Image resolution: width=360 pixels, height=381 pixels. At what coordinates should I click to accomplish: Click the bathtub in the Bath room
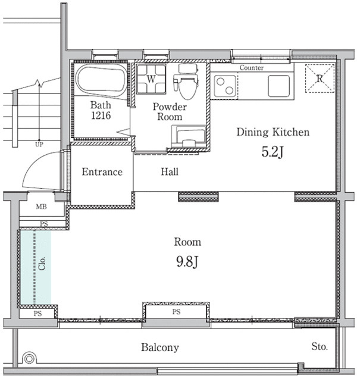point(101,81)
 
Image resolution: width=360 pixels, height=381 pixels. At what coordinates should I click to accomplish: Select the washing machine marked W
point(151,79)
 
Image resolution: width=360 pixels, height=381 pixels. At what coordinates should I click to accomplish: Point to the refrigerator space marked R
point(320,79)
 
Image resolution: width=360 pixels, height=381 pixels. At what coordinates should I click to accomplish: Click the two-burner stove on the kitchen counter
point(225,86)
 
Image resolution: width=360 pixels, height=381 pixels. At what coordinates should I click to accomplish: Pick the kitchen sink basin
point(278,86)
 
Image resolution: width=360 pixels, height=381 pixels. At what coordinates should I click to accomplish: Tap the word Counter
point(252,67)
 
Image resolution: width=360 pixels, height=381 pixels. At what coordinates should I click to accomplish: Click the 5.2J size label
point(273,152)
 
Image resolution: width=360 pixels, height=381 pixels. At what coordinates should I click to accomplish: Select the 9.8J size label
point(187,262)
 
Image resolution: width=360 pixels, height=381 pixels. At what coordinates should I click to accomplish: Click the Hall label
point(170,172)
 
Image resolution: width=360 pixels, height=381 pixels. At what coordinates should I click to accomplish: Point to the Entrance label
point(102,172)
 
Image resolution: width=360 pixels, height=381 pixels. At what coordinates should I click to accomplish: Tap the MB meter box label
point(41,207)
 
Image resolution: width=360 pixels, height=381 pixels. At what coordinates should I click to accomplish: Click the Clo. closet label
point(42,263)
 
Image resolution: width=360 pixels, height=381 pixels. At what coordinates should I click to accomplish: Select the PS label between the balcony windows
point(176,312)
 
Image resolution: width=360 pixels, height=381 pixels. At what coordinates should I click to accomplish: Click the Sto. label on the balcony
point(320,346)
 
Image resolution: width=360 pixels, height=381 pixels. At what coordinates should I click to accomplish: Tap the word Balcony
point(160,348)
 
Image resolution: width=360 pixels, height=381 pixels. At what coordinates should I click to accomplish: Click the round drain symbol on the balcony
point(29,358)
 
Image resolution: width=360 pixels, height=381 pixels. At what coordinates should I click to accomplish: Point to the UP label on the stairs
point(39,144)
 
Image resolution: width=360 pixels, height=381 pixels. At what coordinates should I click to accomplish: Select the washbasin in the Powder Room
point(189,136)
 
